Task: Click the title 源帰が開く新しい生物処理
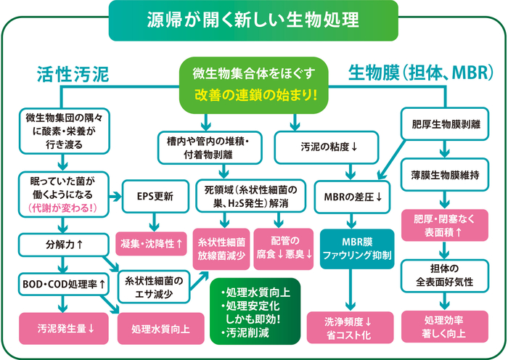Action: tap(253, 20)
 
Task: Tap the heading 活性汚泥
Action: tap(73, 74)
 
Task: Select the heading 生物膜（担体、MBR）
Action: tap(421, 73)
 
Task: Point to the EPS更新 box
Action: tap(155, 197)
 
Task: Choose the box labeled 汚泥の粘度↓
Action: tap(327, 147)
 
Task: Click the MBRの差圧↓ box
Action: tap(352, 197)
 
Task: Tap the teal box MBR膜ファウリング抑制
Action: tap(357, 249)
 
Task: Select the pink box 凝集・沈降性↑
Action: tap(151, 244)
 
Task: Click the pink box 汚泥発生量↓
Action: tap(64, 328)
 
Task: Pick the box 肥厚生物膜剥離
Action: tap(445, 124)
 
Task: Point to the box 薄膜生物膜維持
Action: tap(445, 175)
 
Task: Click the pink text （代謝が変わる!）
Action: tap(62, 208)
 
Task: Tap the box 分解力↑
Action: tap(63, 245)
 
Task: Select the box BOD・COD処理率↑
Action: tap(64, 285)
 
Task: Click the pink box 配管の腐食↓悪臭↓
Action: tap(284, 249)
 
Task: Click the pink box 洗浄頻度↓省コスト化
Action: tap(350, 327)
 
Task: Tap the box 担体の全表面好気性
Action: tap(445, 275)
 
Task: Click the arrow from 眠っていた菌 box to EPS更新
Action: tap(115, 197)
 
